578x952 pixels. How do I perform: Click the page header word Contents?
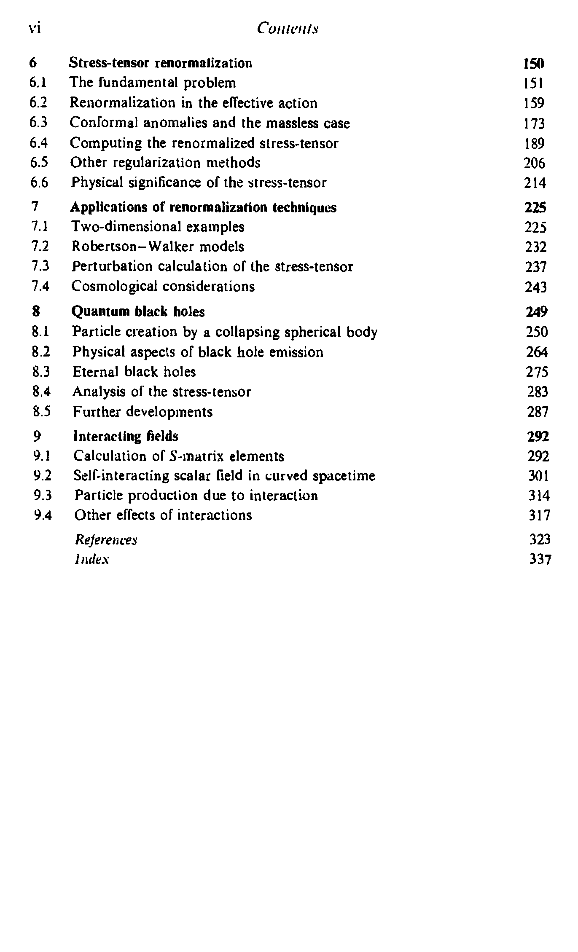click(x=288, y=28)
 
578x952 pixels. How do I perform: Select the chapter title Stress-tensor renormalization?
click(x=161, y=63)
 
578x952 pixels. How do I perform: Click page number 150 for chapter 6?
click(x=533, y=64)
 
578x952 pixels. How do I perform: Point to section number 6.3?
click(x=38, y=123)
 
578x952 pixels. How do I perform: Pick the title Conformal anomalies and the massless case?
click(x=210, y=123)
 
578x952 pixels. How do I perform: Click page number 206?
click(x=534, y=163)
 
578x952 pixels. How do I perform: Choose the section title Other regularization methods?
click(x=165, y=163)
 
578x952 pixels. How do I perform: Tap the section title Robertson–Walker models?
click(x=158, y=247)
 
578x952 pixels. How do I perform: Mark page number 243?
click(x=536, y=287)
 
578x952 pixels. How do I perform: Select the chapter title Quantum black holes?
click(x=138, y=312)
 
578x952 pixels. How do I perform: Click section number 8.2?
click(x=41, y=352)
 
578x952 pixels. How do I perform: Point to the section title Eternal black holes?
click(x=134, y=372)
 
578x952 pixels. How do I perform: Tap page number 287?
click(x=538, y=412)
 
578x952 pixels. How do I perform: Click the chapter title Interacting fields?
click(x=126, y=436)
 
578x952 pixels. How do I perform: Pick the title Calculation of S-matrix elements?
click(x=178, y=456)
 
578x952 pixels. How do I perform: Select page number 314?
click(x=539, y=496)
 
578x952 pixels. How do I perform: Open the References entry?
click(x=106, y=540)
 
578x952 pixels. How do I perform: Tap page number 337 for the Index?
click(x=540, y=560)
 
